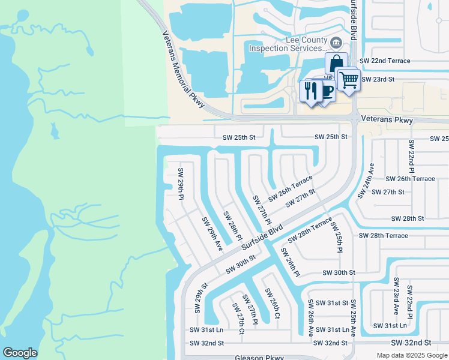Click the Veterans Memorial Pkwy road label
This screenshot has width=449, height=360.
coord(182,71)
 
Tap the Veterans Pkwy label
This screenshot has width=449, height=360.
coord(388,120)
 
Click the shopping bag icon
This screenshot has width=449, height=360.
coord(336,62)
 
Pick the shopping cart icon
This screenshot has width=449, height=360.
coord(348,79)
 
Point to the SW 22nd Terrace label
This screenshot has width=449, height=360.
coord(384,61)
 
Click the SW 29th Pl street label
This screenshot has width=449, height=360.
coord(181,184)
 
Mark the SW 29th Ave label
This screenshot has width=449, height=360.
coord(212,234)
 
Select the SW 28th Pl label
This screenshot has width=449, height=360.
coord(232,225)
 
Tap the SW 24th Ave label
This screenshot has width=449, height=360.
coord(366,181)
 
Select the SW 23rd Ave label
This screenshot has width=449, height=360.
coord(396,296)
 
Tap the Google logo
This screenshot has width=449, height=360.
coord(19,352)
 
